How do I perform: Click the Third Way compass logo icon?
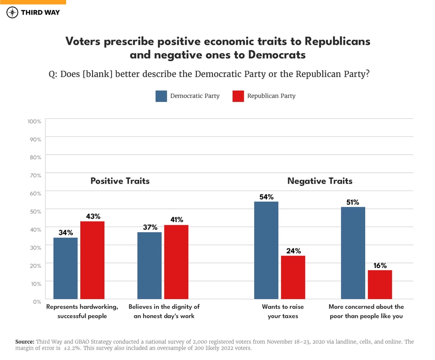pyautogui.click(x=12, y=12)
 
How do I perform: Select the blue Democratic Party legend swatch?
pyautogui.click(x=161, y=96)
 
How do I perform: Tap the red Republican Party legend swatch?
pyautogui.click(x=238, y=96)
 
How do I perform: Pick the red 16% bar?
pyautogui.click(x=380, y=284)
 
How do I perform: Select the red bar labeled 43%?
pyautogui.click(x=92, y=260)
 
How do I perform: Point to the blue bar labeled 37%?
pyautogui.click(x=149, y=265)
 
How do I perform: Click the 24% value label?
pyautogui.click(x=293, y=251)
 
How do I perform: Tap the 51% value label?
pyautogui.click(x=353, y=202)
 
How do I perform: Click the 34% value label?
pyautogui.click(x=66, y=233)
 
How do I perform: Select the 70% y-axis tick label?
pyautogui.click(x=35, y=175)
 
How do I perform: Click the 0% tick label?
pyautogui.click(x=37, y=301)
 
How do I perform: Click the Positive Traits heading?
pyautogui.click(x=120, y=181)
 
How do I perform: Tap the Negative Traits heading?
pyautogui.click(x=319, y=181)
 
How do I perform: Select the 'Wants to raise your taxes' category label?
pyautogui.click(x=283, y=311)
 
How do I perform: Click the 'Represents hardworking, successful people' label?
pyautogui.click(x=82, y=311)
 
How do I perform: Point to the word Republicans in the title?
pyautogui.click(x=337, y=41)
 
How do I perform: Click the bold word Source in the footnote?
pyautogui.click(x=24, y=341)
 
